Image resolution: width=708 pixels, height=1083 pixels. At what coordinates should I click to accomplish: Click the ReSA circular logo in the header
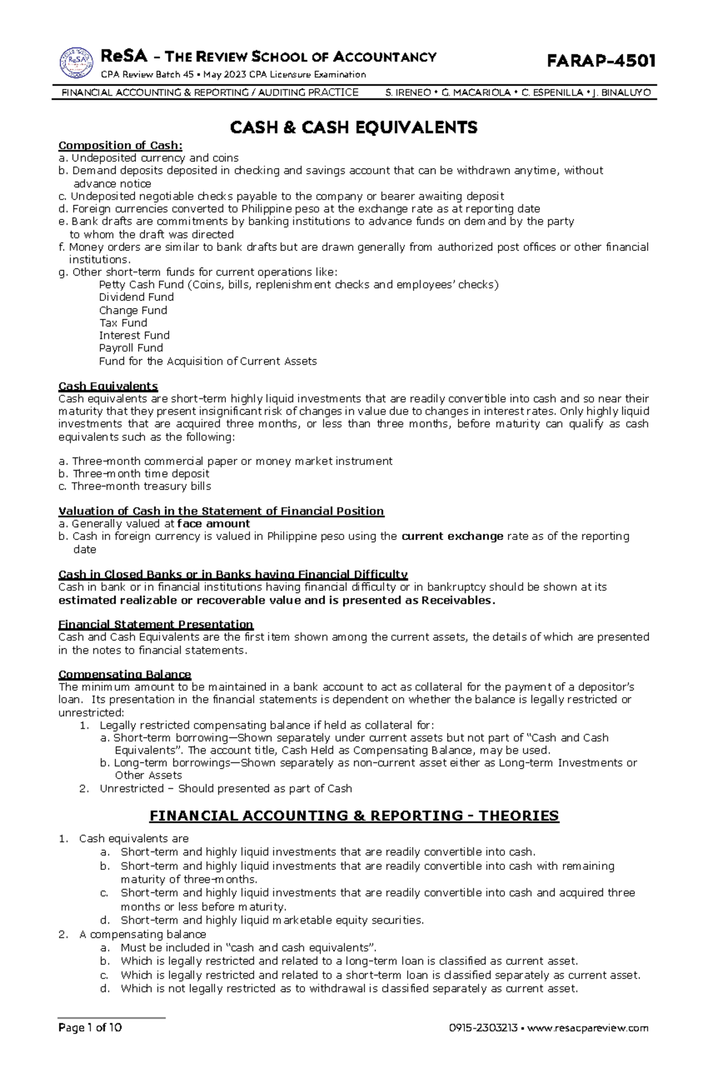(x=76, y=63)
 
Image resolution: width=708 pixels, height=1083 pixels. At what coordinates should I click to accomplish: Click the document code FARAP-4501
(x=601, y=61)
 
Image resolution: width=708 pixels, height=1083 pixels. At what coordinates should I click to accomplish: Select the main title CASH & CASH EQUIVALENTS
(x=353, y=127)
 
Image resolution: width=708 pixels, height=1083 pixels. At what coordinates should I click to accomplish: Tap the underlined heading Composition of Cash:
(x=120, y=145)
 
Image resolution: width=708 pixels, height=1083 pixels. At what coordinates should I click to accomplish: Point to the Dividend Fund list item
(x=136, y=297)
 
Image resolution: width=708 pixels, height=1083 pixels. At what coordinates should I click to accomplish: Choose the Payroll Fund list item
(x=131, y=348)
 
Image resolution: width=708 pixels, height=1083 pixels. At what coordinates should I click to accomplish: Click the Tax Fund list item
(x=123, y=323)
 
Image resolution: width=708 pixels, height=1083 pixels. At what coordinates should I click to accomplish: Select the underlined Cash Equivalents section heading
(x=108, y=387)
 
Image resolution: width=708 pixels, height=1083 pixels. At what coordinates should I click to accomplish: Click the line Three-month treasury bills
(x=135, y=486)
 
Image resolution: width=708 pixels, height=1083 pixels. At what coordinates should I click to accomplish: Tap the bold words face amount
(x=214, y=523)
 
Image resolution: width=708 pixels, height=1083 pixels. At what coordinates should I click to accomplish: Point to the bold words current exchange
(x=452, y=536)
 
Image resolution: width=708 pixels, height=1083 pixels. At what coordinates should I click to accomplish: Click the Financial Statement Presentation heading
(x=156, y=624)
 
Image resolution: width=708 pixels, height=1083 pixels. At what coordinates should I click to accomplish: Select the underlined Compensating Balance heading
(x=124, y=674)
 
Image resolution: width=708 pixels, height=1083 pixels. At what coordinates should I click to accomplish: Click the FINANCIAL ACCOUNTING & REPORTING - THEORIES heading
(x=354, y=816)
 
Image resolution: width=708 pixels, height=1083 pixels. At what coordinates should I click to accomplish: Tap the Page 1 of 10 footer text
(x=90, y=1044)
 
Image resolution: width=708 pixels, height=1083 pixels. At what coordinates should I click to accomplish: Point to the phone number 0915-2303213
(x=483, y=1045)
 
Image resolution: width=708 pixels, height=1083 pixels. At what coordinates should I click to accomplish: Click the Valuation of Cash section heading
(x=221, y=511)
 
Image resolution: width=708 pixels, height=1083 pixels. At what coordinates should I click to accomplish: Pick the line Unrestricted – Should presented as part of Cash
(x=225, y=788)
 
